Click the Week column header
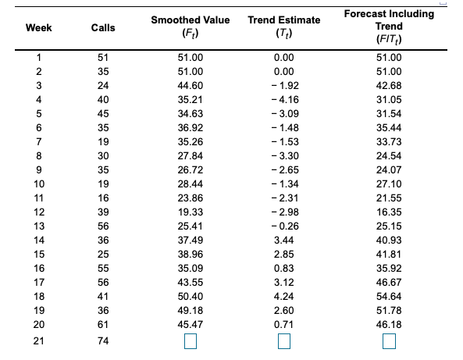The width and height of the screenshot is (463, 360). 34,28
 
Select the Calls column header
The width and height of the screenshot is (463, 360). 103,28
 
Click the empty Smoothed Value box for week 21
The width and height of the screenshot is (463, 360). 190,342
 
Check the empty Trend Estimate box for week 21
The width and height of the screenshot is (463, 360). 283,342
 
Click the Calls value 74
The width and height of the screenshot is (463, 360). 103,341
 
